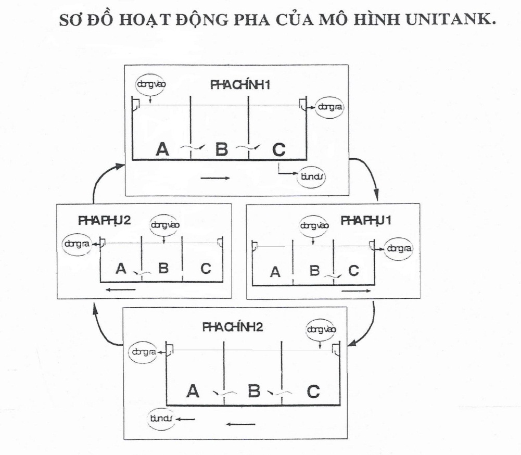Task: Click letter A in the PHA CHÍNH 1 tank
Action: (163, 149)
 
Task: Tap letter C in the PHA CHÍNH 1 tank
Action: (279, 149)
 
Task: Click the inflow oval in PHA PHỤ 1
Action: (315, 225)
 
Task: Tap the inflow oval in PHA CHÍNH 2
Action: (322, 329)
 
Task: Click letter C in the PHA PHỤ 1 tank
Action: (353, 271)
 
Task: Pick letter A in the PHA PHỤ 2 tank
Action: (121, 269)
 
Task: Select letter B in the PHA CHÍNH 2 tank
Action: (254, 391)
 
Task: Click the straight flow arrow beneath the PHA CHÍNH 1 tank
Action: (215, 178)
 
